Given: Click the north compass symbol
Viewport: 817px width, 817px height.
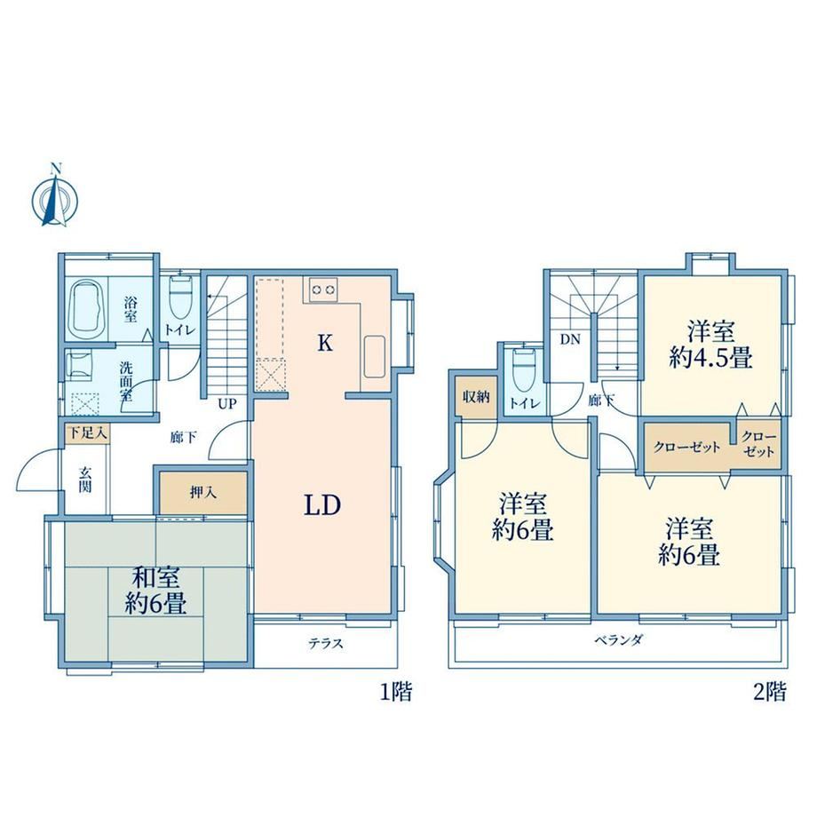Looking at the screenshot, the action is [55, 197].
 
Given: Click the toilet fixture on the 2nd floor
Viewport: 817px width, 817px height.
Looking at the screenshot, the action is [524, 369].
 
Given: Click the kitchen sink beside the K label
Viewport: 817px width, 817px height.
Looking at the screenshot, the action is [374, 356].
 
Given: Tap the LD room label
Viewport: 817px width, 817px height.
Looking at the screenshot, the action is [322, 505].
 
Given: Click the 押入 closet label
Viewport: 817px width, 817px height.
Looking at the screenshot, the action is [202, 492].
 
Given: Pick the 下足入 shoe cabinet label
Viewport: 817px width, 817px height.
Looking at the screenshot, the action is [88, 432].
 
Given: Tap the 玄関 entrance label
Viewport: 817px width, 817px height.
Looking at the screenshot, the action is [85, 480].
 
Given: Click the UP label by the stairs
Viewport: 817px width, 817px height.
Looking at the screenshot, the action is [227, 404].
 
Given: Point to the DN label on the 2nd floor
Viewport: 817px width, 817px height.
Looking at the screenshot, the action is [570, 339].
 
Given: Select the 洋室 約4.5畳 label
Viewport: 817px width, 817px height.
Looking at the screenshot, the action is [710, 345].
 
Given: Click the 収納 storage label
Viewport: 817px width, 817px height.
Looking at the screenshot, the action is [476, 397].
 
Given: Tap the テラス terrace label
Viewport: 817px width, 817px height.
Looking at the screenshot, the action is [326, 644].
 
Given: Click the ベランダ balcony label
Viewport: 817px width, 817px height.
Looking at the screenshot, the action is [618, 640].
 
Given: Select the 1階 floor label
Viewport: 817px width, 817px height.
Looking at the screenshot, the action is [397, 693].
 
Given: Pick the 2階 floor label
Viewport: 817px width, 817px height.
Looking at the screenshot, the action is [770, 693].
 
